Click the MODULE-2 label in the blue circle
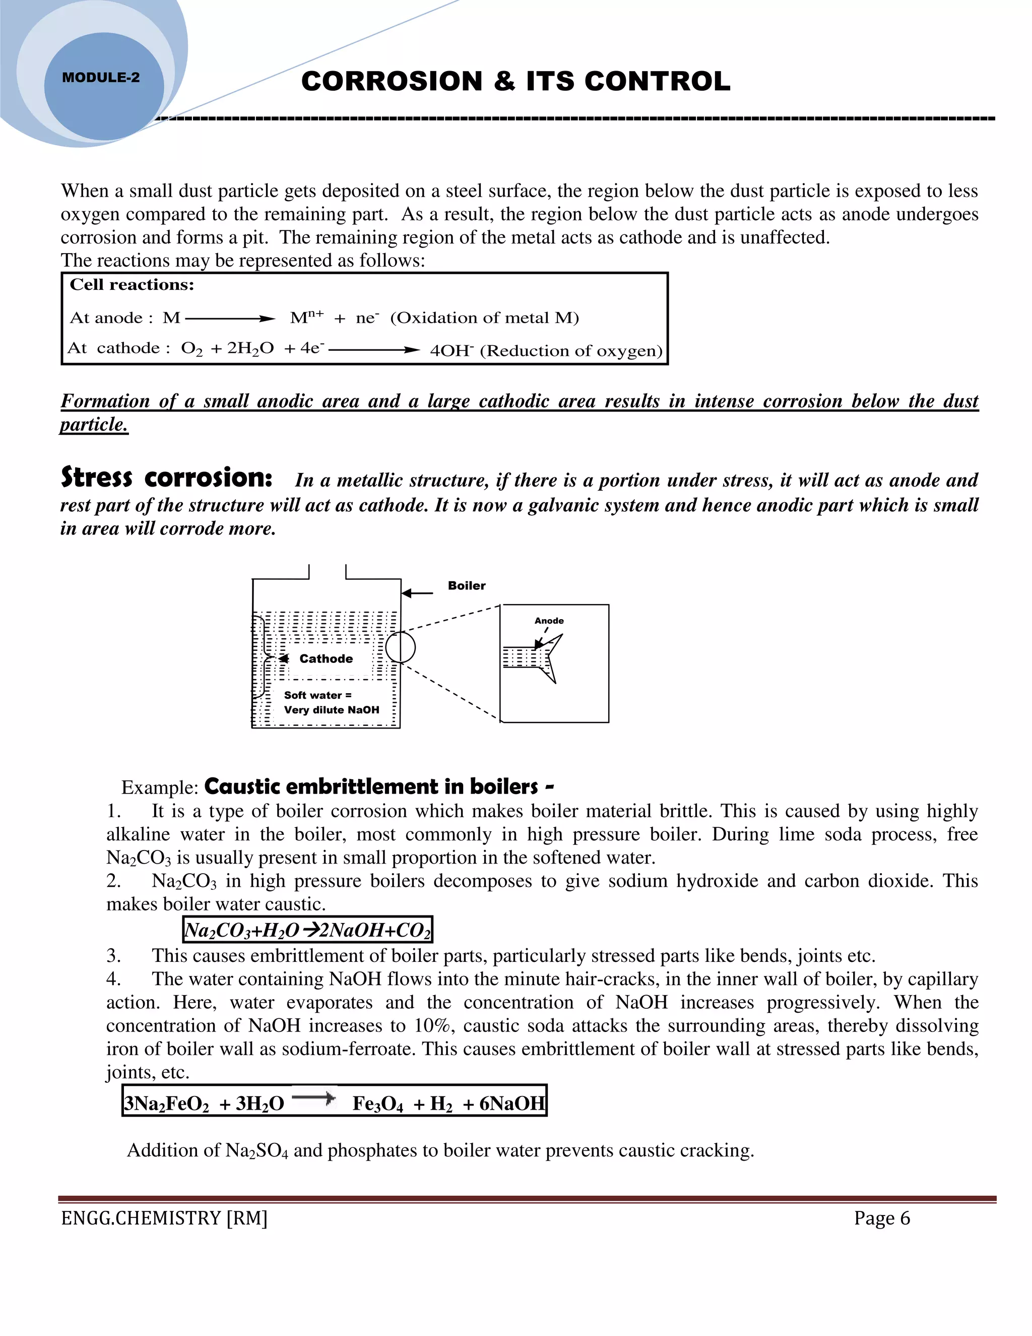tap(101, 78)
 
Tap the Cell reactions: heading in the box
tap(132, 284)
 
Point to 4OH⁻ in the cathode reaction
tap(452, 350)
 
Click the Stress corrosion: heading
tap(166, 478)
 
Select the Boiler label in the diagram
tap(467, 585)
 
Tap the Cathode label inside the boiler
tap(326, 659)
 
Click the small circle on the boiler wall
tap(401, 647)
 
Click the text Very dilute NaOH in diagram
tap(332, 710)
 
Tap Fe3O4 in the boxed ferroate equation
tap(378, 1104)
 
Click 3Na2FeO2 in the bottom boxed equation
tap(166, 1104)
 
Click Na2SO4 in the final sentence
tap(257, 1150)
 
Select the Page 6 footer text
tap(882, 1218)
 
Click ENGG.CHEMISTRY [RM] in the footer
tap(164, 1218)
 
